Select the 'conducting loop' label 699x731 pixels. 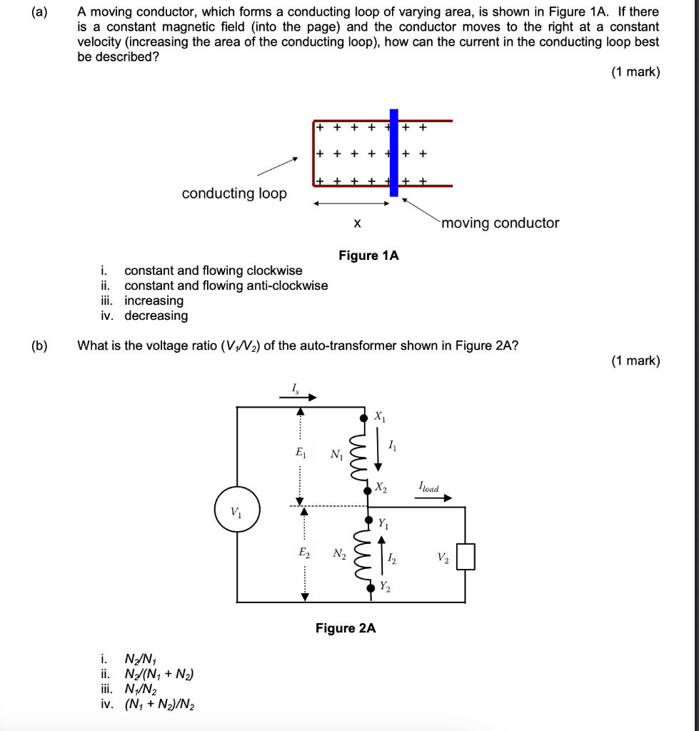pyautogui.click(x=234, y=193)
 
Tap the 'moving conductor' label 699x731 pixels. pyautogui.click(x=501, y=223)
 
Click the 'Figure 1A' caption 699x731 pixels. pyautogui.click(x=368, y=255)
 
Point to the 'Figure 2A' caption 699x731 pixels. pyautogui.click(x=346, y=628)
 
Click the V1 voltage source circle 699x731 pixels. pyautogui.click(x=236, y=510)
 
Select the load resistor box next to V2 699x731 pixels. pyautogui.click(x=466, y=556)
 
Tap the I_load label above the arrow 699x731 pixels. pyautogui.click(x=428, y=488)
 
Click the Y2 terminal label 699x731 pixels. pyautogui.click(x=385, y=587)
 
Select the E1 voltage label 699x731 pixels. pyautogui.click(x=300, y=452)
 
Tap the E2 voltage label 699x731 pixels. pyautogui.click(x=303, y=553)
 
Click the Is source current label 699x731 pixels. pyautogui.click(x=294, y=388)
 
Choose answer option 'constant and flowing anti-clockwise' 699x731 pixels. pyautogui.click(x=226, y=286)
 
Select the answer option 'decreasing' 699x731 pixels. pyautogui.click(x=156, y=316)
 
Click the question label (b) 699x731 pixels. pyautogui.click(x=39, y=346)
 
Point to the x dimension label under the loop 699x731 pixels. pyautogui.click(x=356, y=224)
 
